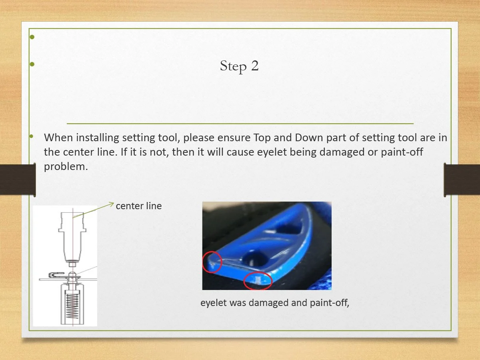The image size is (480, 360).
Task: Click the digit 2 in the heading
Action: [255, 65]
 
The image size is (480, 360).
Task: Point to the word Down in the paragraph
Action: [309, 138]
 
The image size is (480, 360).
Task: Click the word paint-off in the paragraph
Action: [402, 152]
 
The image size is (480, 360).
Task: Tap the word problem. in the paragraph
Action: [66, 167]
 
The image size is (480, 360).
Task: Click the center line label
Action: [139, 206]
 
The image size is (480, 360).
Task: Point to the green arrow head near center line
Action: [112, 204]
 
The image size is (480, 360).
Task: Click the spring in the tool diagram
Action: [72, 306]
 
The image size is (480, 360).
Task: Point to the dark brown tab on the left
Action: [18, 180]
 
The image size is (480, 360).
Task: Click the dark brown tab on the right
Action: [462, 180]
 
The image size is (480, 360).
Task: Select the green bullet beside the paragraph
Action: [31, 136]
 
